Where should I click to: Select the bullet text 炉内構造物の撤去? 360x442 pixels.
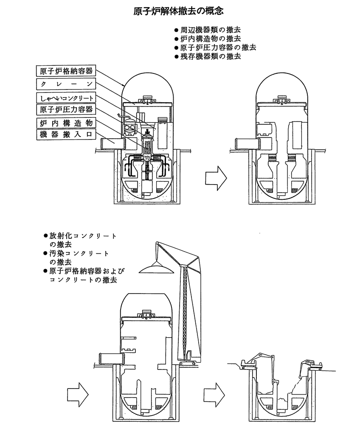click(x=210, y=39)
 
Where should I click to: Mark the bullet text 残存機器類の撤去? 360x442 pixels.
click(x=210, y=56)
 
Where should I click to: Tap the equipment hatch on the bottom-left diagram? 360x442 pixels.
click(x=111, y=359)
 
